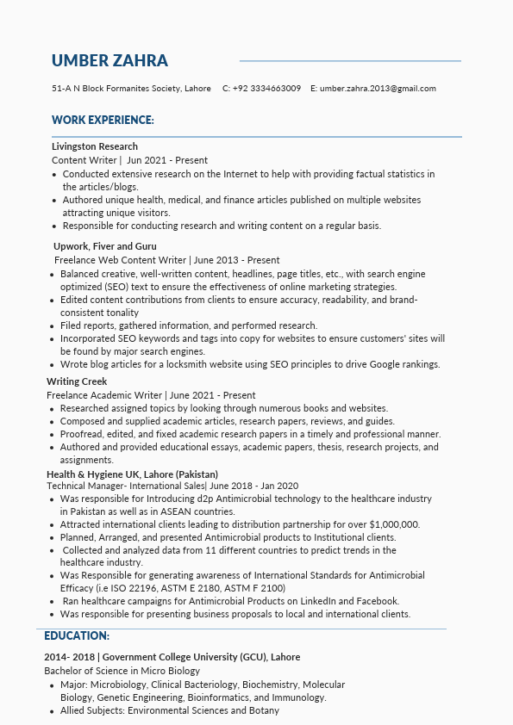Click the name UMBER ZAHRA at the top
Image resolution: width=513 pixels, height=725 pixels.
(109, 60)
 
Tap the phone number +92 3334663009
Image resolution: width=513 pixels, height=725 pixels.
(266, 89)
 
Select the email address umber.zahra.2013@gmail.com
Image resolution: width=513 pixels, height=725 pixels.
(378, 89)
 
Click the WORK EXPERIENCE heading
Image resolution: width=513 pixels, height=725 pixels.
(103, 120)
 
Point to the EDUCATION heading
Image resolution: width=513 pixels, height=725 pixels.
(77, 635)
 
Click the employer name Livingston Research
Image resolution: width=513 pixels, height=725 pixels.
(95, 146)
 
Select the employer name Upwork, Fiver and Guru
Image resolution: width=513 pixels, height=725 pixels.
(105, 246)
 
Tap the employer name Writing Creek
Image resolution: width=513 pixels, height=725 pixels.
(77, 381)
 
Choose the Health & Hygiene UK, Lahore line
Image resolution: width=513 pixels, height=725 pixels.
(132, 474)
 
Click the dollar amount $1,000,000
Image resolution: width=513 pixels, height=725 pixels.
(394, 524)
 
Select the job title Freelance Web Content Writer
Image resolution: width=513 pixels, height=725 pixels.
(120, 260)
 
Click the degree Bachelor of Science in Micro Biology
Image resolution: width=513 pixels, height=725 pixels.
(122, 671)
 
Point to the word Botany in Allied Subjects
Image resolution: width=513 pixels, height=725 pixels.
(264, 710)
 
